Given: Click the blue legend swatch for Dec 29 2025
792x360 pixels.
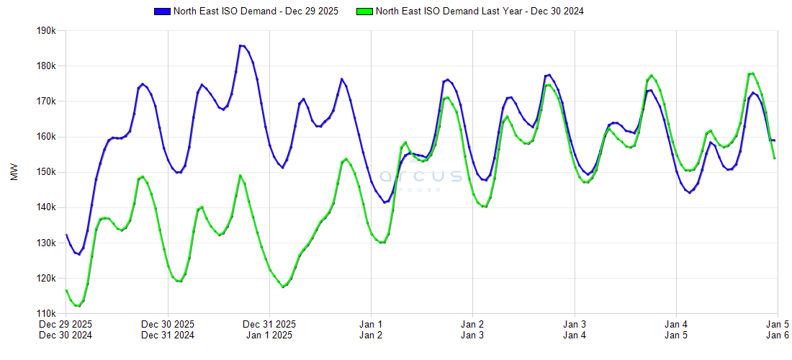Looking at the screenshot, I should pyautogui.click(x=162, y=12).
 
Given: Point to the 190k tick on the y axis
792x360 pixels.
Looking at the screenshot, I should pyautogui.click(x=46, y=31).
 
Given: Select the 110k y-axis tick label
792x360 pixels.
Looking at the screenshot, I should pyautogui.click(x=46, y=314).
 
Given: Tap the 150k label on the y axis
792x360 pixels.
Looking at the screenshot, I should pyautogui.click(x=46, y=172).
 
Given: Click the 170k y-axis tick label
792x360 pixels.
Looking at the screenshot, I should pyautogui.click(x=46, y=102).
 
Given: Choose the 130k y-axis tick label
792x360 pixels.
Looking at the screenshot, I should pyautogui.click(x=46, y=243).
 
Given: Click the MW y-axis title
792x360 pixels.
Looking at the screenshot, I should pyautogui.click(x=15, y=173).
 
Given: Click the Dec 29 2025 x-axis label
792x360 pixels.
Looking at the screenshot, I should pyautogui.click(x=66, y=324).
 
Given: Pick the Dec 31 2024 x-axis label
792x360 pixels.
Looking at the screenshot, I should pyautogui.click(x=168, y=335).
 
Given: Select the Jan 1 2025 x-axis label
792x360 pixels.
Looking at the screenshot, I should pyautogui.click(x=269, y=335).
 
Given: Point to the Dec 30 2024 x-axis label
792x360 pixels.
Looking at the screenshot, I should pyautogui.click(x=66, y=335).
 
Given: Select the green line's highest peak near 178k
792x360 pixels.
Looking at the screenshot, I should pyautogui.click(x=752, y=73).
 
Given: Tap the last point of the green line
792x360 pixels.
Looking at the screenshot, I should pyautogui.click(x=775, y=158).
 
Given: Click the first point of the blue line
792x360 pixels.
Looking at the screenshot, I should pyautogui.click(x=66, y=235).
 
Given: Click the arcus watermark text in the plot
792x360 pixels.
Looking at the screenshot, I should pyautogui.click(x=421, y=176).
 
